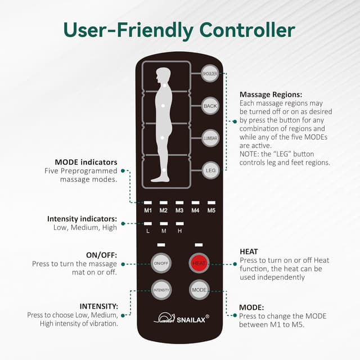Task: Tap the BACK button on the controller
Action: pyautogui.click(x=210, y=106)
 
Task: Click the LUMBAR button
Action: pyautogui.click(x=210, y=138)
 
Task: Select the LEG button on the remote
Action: pyautogui.click(x=210, y=170)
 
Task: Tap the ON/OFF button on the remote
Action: pyautogui.click(x=161, y=263)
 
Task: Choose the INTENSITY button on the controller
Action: pyautogui.click(x=161, y=290)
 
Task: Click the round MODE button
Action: pyautogui.click(x=199, y=290)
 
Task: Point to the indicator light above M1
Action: pyautogui.click(x=148, y=202)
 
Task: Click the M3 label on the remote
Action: pyautogui.click(x=179, y=210)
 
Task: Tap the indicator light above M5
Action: pyautogui.click(x=211, y=202)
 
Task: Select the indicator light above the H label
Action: pyautogui.click(x=179, y=223)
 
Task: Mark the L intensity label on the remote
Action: pyautogui.click(x=148, y=231)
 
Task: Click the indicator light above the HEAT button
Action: pyautogui.click(x=199, y=245)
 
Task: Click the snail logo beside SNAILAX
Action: pyautogui.click(x=164, y=318)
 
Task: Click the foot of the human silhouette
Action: pyautogui.click(x=160, y=179)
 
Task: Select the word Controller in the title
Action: pyautogui.click(x=247, y=30)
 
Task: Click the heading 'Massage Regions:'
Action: pyautogui.click(x=271, y=94)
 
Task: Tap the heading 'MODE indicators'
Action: pyautogui.click(x=86, y=162)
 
